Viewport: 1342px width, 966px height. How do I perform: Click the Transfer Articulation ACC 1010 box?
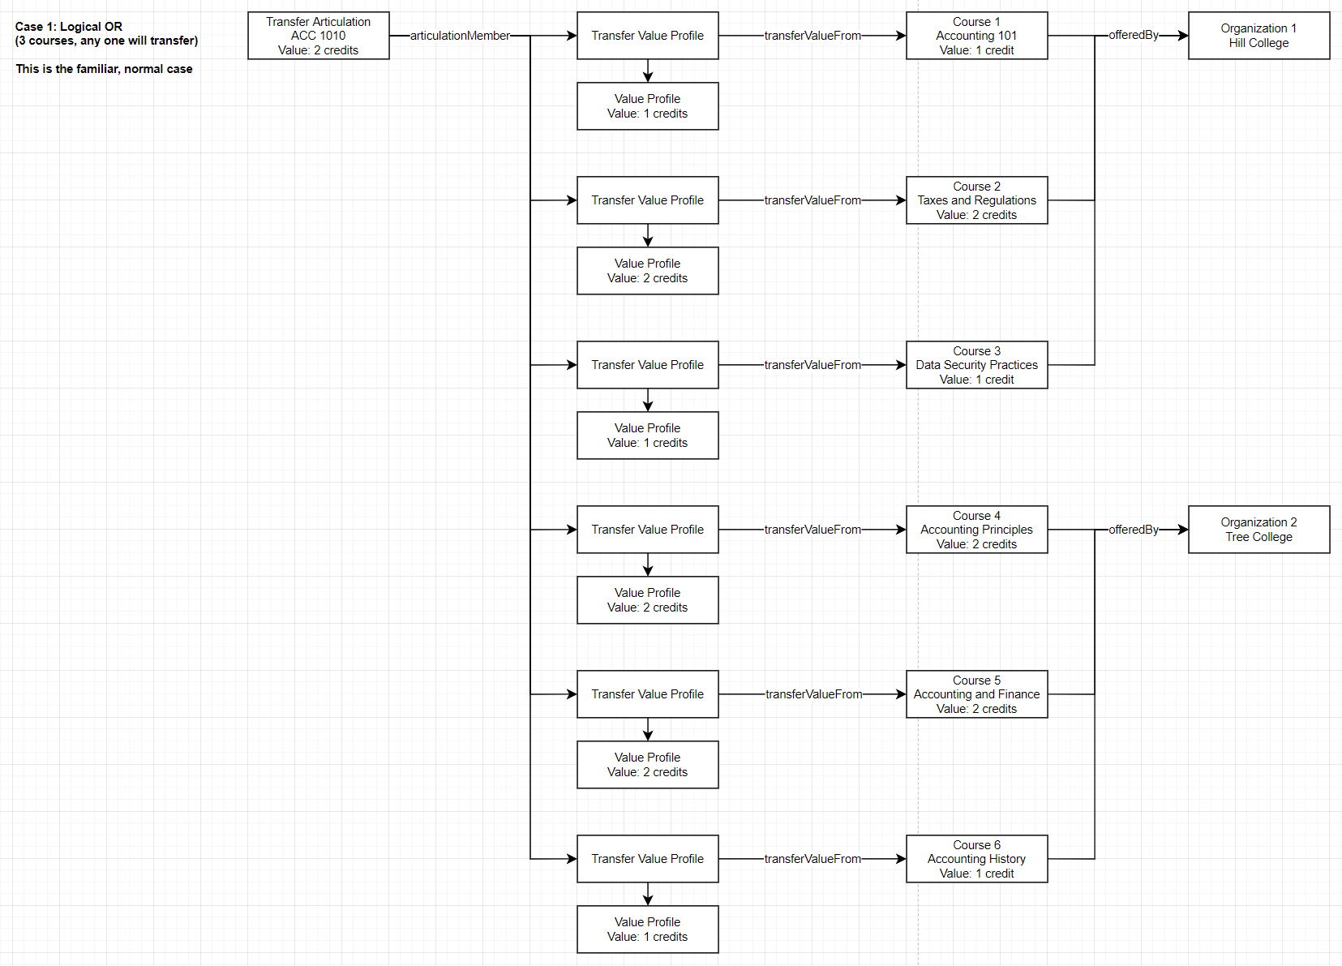[318, 36]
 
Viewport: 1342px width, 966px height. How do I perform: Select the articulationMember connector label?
[460, 36]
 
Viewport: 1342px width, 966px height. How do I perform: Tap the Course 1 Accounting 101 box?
[976, 36]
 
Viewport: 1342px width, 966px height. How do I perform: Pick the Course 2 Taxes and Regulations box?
[976, 200]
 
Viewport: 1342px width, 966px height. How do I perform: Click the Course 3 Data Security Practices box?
[976, 365]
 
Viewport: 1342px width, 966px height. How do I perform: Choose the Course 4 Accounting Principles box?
[976, 530]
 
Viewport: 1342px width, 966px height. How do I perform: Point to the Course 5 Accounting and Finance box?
[976, 694]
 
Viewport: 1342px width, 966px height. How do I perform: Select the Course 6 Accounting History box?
[976, 859]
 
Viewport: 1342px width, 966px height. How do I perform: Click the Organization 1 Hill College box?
[1258, 36]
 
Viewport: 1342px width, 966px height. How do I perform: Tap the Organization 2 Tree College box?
[1258, 530]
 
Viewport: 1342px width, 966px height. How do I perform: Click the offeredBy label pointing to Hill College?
[1134, 35]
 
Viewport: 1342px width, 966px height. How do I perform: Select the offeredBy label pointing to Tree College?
[1134, 530]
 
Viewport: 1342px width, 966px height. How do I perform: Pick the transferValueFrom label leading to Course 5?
[813, 694]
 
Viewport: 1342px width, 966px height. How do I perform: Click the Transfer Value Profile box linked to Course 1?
[647, 36]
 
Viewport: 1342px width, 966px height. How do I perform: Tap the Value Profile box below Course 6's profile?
[647, 930]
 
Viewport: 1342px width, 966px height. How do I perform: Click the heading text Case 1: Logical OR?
[69, 27]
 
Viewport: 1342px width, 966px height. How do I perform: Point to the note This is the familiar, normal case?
[104, 69]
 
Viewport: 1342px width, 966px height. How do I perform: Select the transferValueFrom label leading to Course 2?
[812, 200]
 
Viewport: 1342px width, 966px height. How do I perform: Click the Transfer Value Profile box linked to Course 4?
[647, 530]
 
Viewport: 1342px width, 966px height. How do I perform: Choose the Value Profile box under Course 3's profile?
[647, 436]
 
